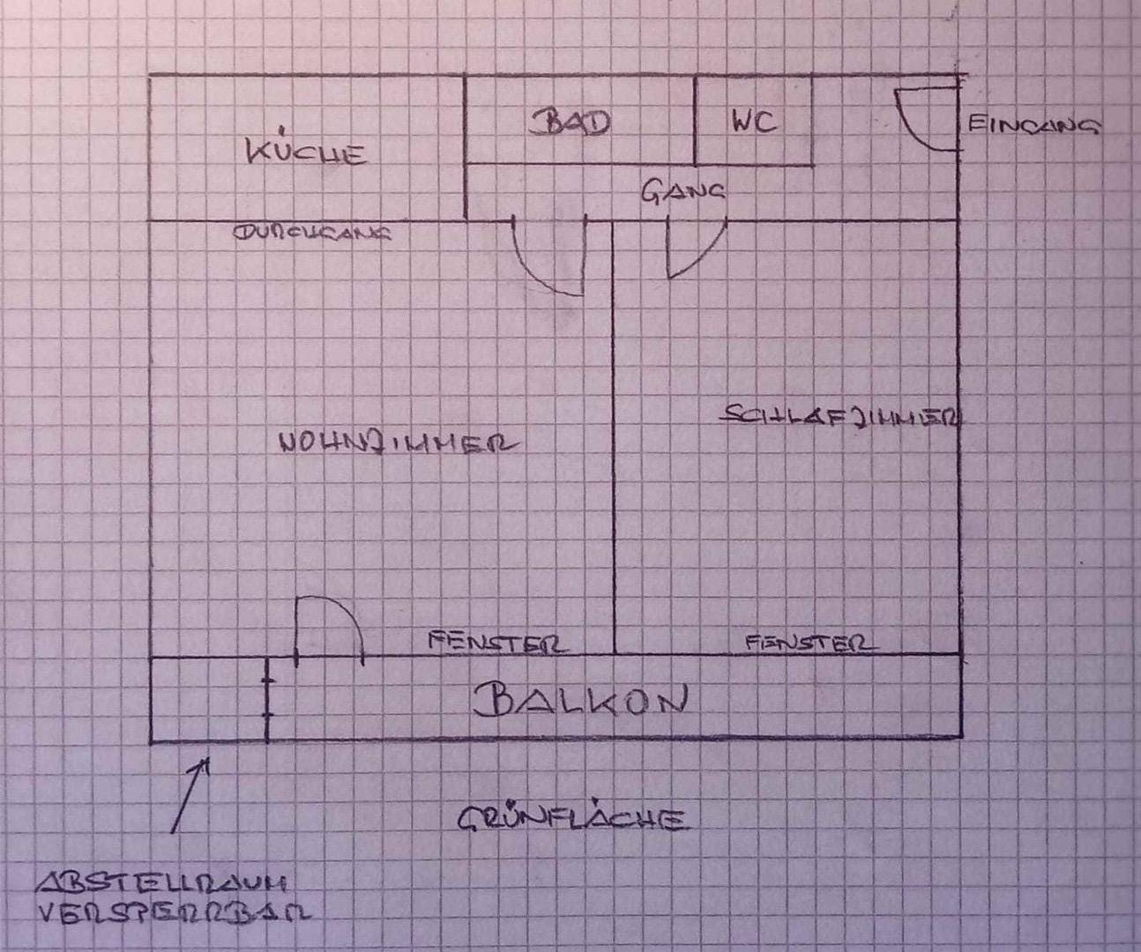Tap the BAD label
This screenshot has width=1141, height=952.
(x=572, y=122)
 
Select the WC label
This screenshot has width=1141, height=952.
(x=753, y=121)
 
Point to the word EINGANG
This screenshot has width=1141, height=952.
(x=1033, y=125)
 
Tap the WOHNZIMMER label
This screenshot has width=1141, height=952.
(x=397, y=443)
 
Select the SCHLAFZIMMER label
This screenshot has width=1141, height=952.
(x=840, y=417)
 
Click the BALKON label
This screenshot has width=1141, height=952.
(x=579, y=701)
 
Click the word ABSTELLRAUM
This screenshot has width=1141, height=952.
(x=164, y=882)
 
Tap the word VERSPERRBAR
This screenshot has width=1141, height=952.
(x=174, y=911)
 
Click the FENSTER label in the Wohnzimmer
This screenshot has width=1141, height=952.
(x=496, y=642)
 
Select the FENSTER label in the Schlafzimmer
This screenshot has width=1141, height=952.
(x=810, y=643)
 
